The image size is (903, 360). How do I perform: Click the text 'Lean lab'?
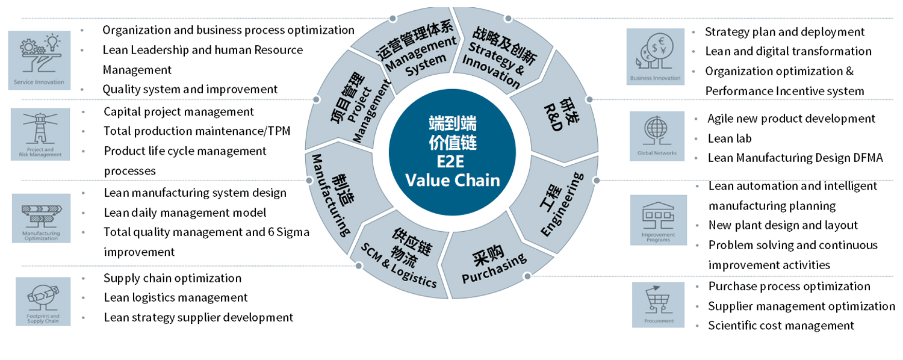coord(729,138)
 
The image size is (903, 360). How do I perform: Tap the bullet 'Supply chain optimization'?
coord(172,278)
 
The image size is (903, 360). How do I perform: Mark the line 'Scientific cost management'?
coord(781,326)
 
